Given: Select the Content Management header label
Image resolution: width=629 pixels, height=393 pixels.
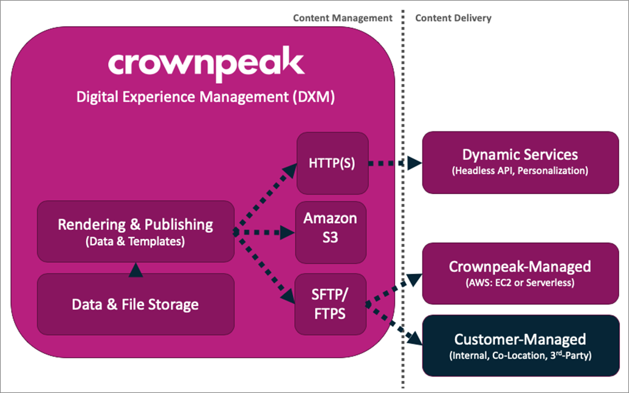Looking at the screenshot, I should click(x=342, y=18).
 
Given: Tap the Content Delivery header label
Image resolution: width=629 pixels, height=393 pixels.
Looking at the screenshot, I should click(x=453, y=18).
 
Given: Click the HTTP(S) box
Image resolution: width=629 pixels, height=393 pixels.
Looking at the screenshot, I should click(x=332, y=162).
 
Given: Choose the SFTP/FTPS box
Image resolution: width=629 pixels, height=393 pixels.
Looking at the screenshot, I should click(x=331, y=304).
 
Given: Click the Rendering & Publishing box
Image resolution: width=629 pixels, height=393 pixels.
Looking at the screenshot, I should click(x=136, y=231).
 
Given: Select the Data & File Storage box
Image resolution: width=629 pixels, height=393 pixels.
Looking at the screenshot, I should click(x=136, y=304).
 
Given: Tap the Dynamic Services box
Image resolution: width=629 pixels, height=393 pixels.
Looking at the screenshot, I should click(x=520, y=162).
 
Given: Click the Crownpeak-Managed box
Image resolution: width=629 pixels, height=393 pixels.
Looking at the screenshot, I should click(x=520, y=273).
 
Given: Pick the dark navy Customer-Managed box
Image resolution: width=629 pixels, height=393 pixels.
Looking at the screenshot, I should click(x=520, y=345).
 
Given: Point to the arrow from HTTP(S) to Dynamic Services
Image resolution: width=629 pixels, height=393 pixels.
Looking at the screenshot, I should click(x=395, y=163).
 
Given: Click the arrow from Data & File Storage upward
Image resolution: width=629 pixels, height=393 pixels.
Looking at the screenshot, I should click(x=136, y=268).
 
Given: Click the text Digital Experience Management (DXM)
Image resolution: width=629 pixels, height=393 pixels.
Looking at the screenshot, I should click(x=205, y=97).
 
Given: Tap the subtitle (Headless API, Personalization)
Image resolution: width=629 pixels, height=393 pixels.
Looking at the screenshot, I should click(x=520, y=171).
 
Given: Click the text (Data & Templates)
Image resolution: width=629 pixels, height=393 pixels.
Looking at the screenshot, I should click(x=136, y=241).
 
